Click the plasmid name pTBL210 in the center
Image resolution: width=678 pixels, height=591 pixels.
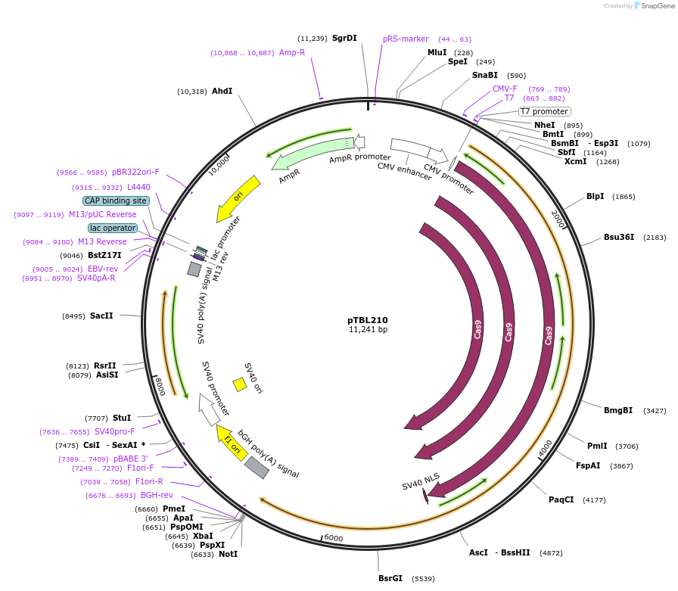[367, 319]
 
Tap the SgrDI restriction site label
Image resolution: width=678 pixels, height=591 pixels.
[344, 39]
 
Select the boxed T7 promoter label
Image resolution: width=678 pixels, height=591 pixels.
[543, 111]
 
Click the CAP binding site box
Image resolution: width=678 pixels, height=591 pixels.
[116, 201]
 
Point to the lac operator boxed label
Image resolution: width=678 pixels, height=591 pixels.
[113, 228]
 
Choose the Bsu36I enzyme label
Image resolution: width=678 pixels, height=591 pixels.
[618, 238]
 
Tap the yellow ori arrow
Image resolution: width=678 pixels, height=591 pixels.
[237, 199]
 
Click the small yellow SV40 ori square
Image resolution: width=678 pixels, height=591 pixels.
[240, 384]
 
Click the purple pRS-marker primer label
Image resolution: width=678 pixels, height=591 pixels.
[406, 39]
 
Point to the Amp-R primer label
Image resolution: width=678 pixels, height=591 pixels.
[291, 52]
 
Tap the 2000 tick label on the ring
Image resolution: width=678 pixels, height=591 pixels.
[558, 219]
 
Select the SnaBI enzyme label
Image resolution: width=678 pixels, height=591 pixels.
[485, 75]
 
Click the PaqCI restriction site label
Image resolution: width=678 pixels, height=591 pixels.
[561, 499]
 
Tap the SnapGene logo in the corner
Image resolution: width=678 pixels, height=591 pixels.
[652, 6]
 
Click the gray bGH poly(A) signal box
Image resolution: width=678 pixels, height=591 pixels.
[257, 468]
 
